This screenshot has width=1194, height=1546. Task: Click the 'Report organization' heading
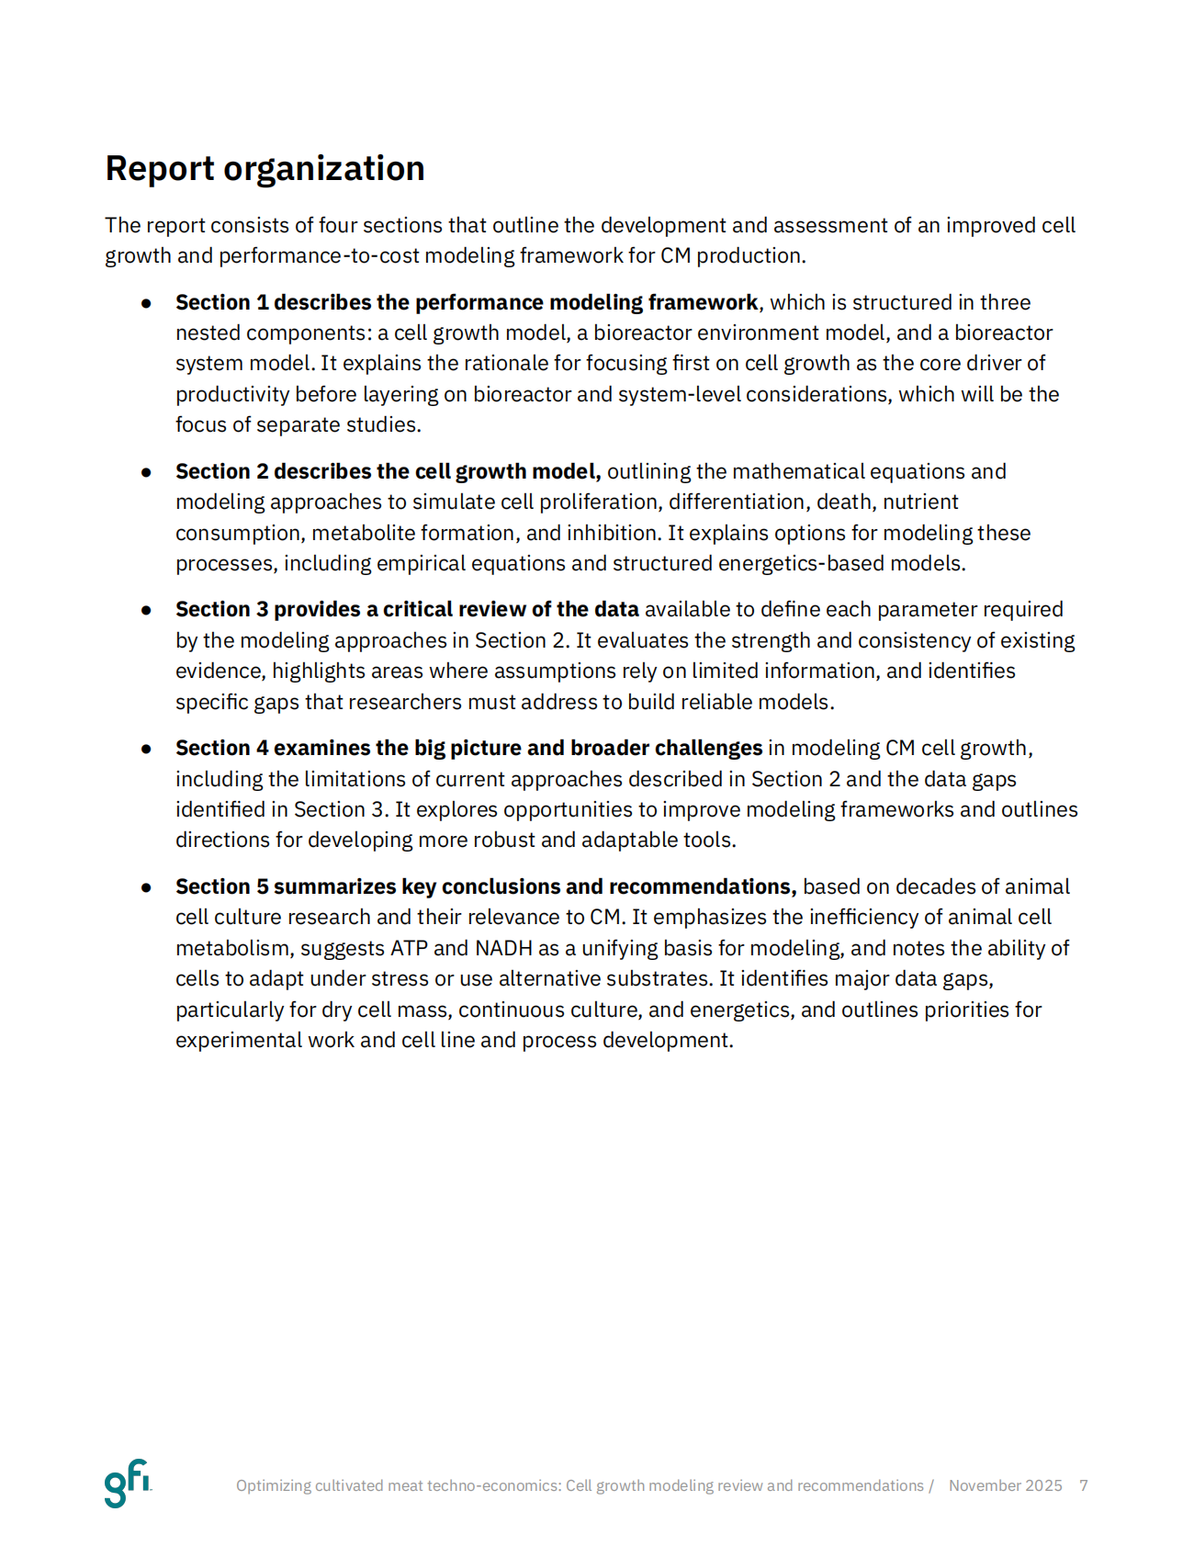(x=265, y=169)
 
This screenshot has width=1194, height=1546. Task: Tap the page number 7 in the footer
(x=1084, y=1485)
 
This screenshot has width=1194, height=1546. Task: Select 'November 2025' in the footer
(x=1005, y=1485)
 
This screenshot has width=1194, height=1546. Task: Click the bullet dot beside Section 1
(x=146, y=303)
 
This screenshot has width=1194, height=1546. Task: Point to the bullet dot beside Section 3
(x=146, y=610)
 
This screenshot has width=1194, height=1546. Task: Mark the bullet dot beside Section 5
(x=146, y=887)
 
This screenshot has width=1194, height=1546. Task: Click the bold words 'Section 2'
(x=222, y=471)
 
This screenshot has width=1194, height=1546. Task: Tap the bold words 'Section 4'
(x=222, y=748)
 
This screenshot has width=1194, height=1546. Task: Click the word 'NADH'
(x=503, y=948)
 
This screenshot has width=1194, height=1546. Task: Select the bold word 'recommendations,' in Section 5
(x=702, y=886)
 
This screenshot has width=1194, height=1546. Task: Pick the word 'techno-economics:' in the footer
(x=493, y=1485)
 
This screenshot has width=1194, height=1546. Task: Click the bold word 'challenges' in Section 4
(x=708, y=748)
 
